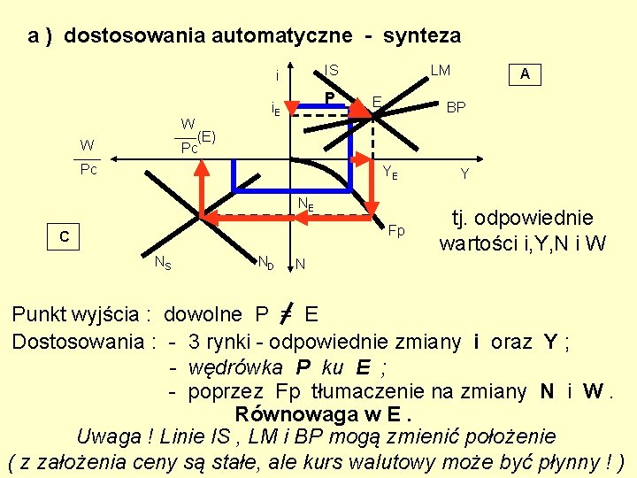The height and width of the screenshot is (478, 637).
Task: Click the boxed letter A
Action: [525, 75]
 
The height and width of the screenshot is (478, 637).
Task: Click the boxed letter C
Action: [64, 237]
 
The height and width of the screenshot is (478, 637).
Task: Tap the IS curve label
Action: [331, 70]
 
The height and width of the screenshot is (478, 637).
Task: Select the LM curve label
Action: [440, 70]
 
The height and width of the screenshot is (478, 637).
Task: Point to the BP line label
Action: [457, 107]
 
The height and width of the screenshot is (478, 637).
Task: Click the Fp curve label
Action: [396, 231]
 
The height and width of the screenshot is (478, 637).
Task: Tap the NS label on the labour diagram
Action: [163, 262]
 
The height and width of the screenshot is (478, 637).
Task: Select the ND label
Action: [265, 262]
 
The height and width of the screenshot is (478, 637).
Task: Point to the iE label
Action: [275, 111]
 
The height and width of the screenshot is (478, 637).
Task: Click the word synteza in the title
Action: [423, 36]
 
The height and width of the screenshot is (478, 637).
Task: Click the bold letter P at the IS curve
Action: [328, 97]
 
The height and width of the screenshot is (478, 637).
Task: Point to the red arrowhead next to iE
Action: [292, 109]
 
